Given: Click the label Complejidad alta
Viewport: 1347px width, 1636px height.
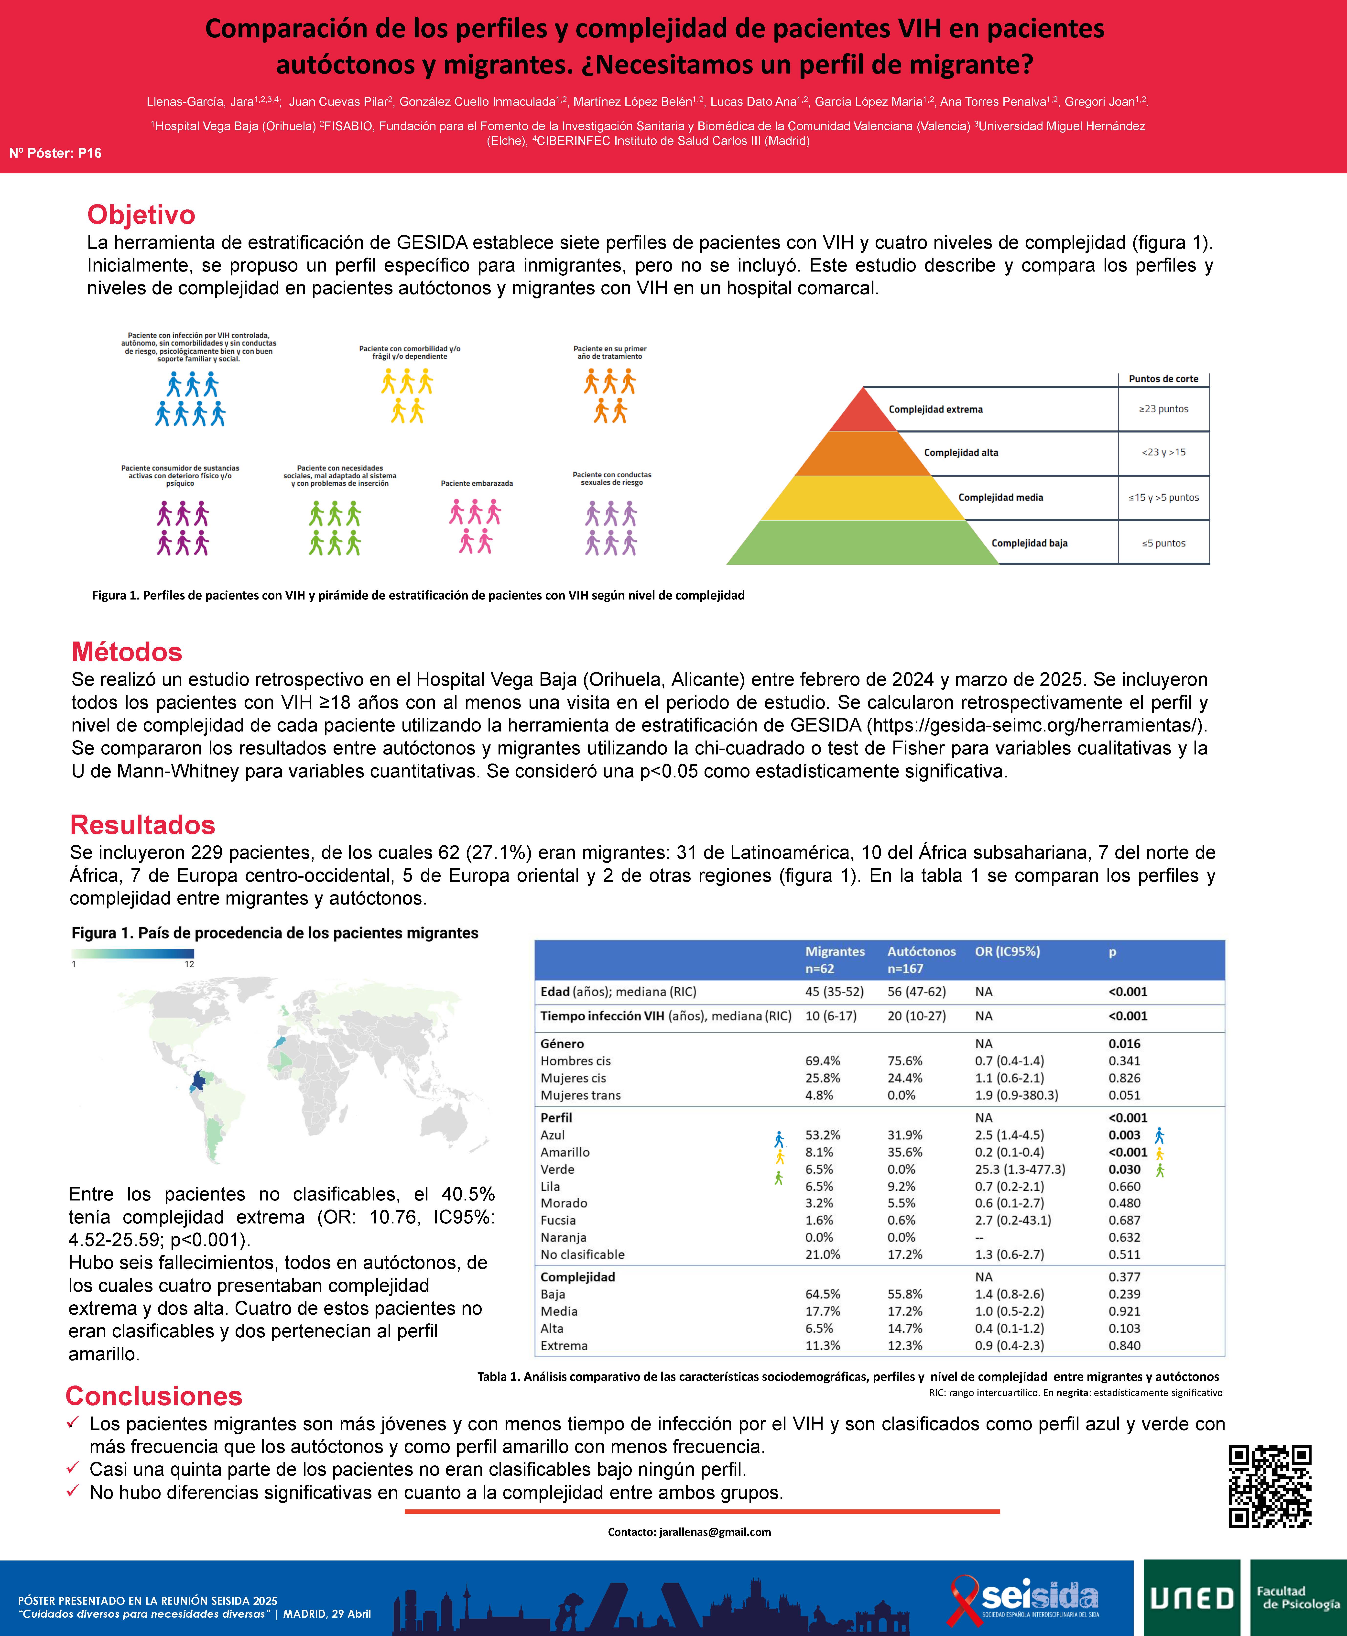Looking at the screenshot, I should click(961, 452).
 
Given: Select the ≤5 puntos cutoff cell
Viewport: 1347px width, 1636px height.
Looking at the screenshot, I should click(1163, 543).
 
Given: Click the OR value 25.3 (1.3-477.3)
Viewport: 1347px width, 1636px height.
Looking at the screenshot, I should click(1020, 1169).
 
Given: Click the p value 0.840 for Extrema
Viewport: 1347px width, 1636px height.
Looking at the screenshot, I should click(1124, 1346).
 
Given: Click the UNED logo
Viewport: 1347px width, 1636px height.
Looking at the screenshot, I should click(1191, 1598).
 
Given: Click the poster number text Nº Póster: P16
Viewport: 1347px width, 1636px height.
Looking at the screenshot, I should click(55, 153).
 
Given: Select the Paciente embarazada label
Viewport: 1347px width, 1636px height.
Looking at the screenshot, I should click(477, 483).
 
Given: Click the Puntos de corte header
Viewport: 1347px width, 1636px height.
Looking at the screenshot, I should click(1163, 379).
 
